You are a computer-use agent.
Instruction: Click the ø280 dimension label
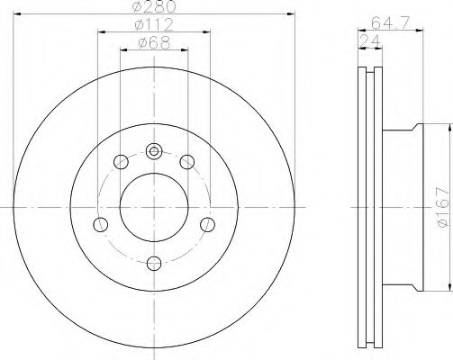[153, 6]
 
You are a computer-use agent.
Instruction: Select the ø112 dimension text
[154, 24]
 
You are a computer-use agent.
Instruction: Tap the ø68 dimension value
[154, 43]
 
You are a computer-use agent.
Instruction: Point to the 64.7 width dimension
[390, 22]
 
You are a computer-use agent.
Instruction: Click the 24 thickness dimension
[370, 40]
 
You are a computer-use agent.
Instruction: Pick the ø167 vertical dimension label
[443, 207]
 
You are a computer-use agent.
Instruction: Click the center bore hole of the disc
[154, 207]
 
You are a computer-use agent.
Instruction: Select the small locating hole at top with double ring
[154, 151]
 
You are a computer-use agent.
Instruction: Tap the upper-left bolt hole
[121, 162]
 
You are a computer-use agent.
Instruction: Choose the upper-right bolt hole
[187, 162]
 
